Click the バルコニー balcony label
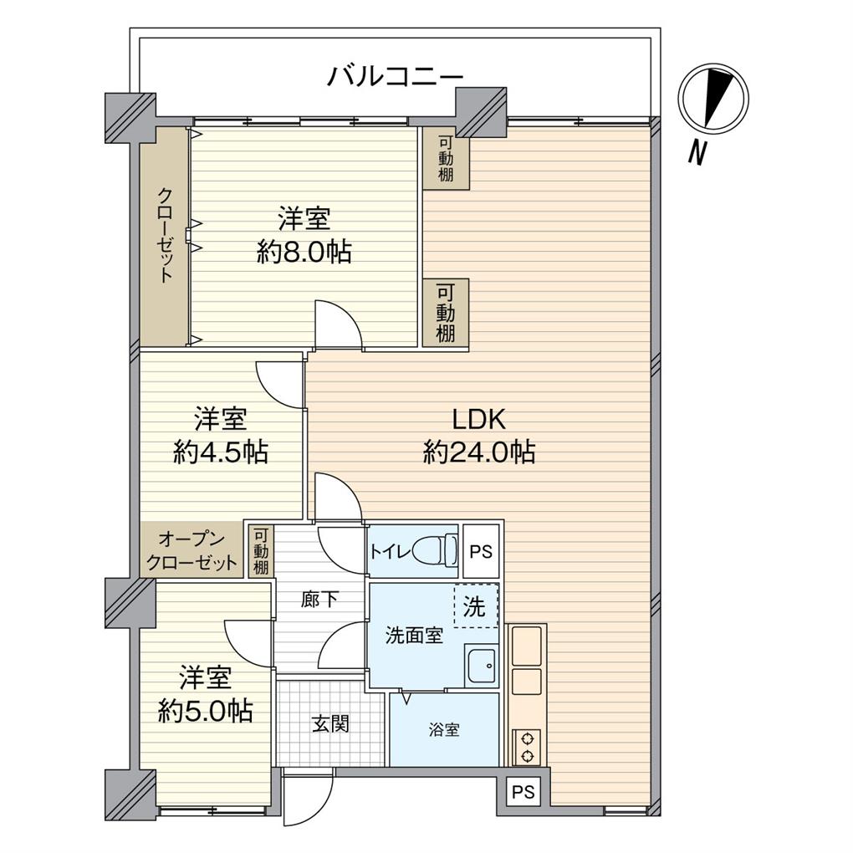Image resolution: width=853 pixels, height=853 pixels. (x=394, y=77)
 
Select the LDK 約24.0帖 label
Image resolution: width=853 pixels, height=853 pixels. (x=479, y=436)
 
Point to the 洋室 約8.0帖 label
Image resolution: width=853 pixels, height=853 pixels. (x=304, y=235)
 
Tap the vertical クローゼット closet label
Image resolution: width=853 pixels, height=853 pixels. (x=165, y=235)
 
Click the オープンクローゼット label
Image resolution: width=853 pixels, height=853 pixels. (x=192, y=551)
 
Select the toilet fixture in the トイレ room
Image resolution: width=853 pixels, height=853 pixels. (x=436, y=550)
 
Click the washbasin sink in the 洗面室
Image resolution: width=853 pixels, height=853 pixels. (x=482, y=667)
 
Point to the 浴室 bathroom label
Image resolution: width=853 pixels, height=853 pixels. (x=443, y=730)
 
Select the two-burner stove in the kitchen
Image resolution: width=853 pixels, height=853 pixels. (x=527, y=747)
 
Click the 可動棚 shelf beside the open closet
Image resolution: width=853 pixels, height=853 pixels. (x=261, y=551)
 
